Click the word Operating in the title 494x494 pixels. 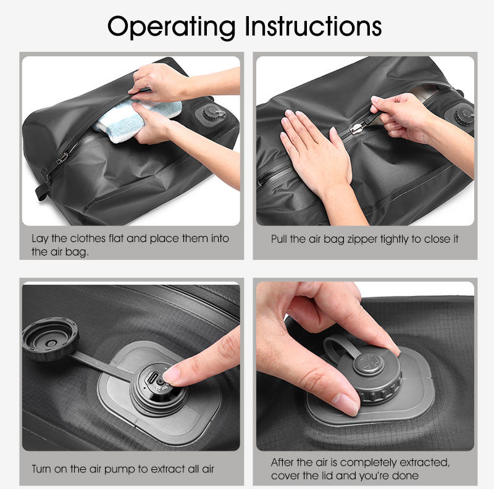click(x=172, y=27)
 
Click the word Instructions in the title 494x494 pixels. click(x=313, y=26)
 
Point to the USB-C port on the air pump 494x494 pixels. click(x=153, y=378)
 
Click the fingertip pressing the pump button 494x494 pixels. click(x=172, y=375)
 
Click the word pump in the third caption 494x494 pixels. click(x=120, y=470)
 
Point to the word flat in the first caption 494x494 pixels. click(x=116, y=238)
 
